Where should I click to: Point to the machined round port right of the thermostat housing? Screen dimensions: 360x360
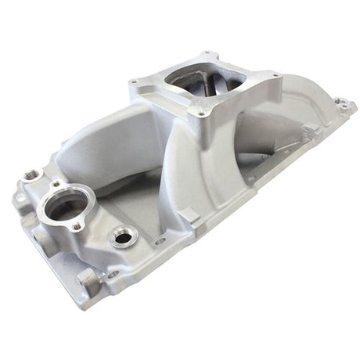pyautogui.click(x=123, y=236)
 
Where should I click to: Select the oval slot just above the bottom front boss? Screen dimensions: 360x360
pyautogui.click(x=112, y=274)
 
